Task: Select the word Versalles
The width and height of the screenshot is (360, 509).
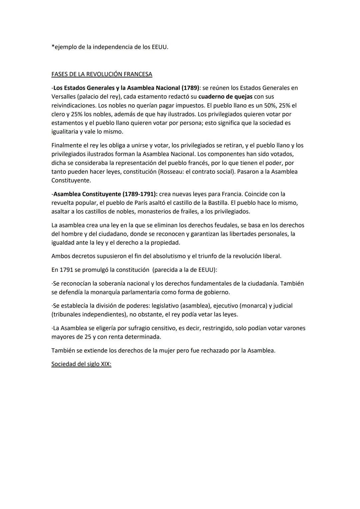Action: [x=65, y=97]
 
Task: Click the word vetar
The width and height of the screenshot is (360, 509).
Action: [x=204, y=314]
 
